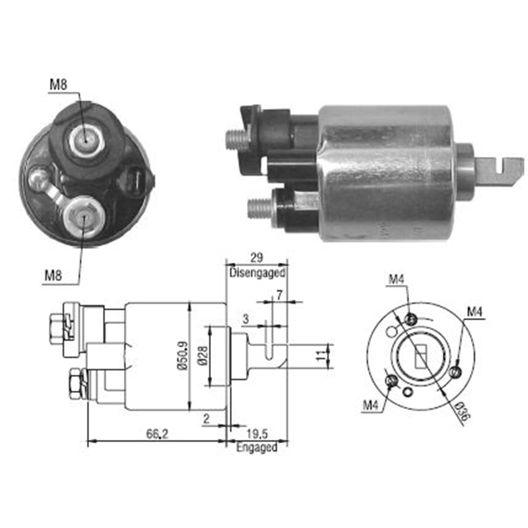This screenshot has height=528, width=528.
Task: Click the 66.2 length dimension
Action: (x=157, y=434)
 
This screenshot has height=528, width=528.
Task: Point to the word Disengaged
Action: (x=257, y=273)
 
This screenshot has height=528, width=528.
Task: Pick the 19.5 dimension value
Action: (x=257, y=434)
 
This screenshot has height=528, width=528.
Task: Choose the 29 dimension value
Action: (x=257, y=258)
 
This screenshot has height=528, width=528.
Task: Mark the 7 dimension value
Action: (x=279, y=295)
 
